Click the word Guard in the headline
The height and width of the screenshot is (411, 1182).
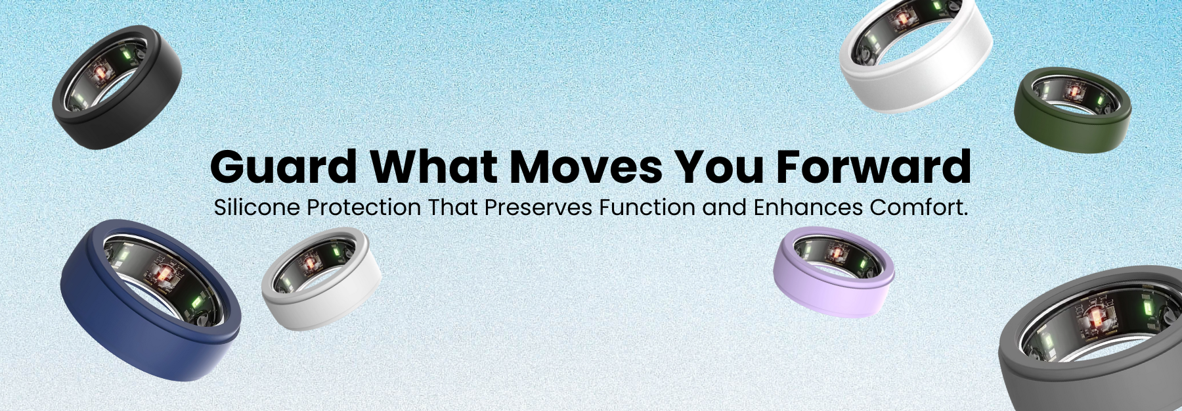284,166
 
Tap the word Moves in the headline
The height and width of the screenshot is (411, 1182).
586,166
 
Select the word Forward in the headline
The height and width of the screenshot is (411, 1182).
874,166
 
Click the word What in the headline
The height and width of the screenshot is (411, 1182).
433,166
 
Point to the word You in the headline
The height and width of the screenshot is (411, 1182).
720,166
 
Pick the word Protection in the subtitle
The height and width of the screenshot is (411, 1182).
364,208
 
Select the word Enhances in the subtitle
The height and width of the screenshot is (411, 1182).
808,208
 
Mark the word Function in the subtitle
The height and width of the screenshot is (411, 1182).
647,208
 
